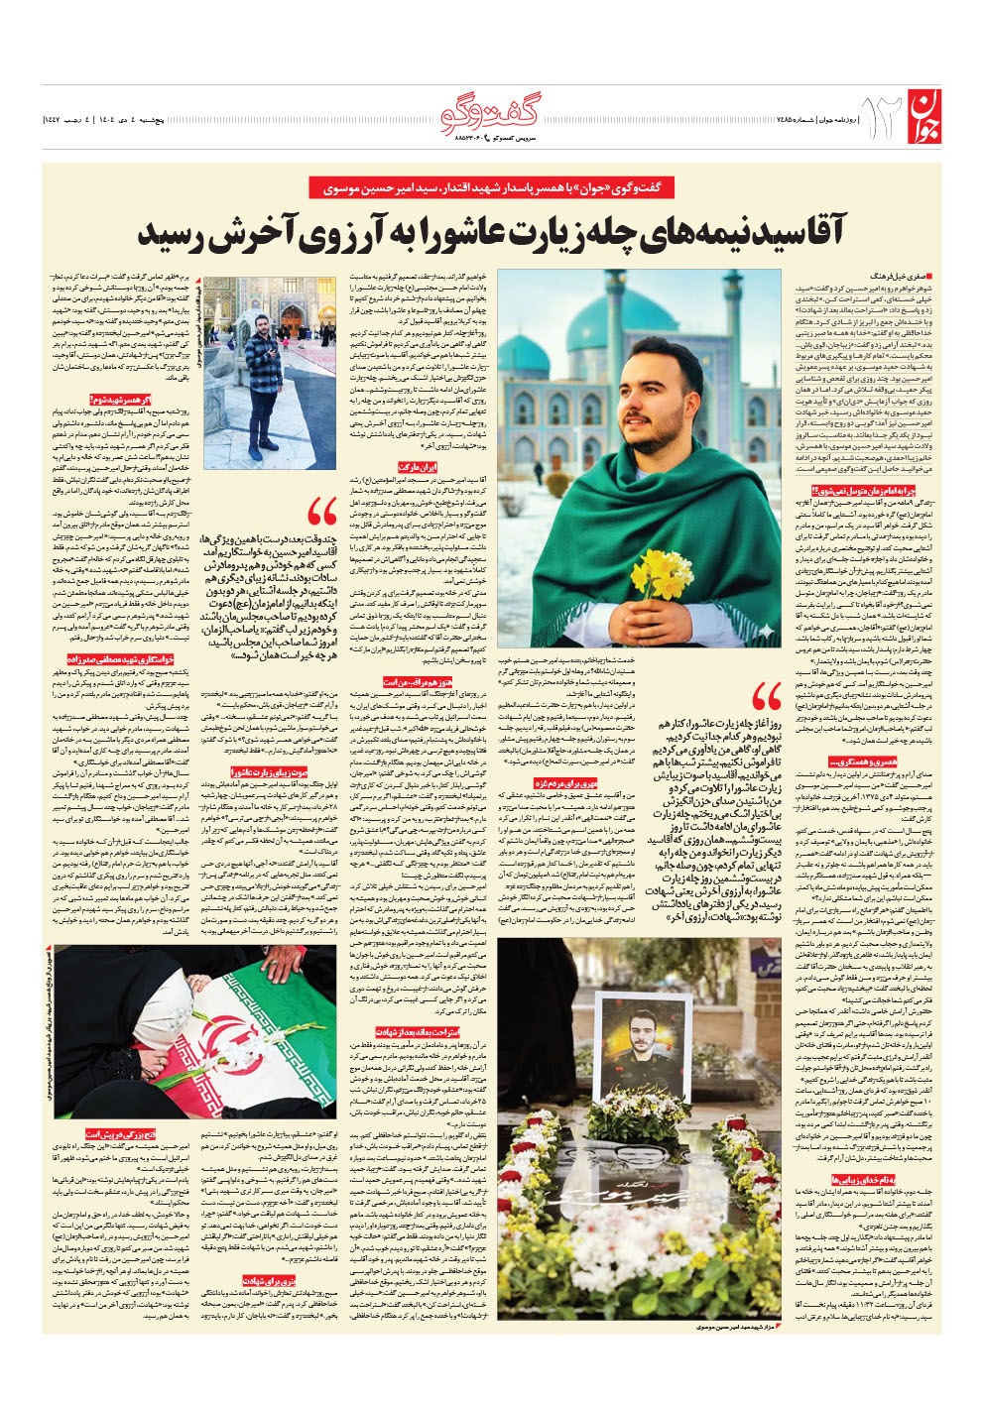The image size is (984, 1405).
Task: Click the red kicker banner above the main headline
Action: [x=492, y=187]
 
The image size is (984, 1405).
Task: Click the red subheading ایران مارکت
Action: [x=417, y=466]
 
